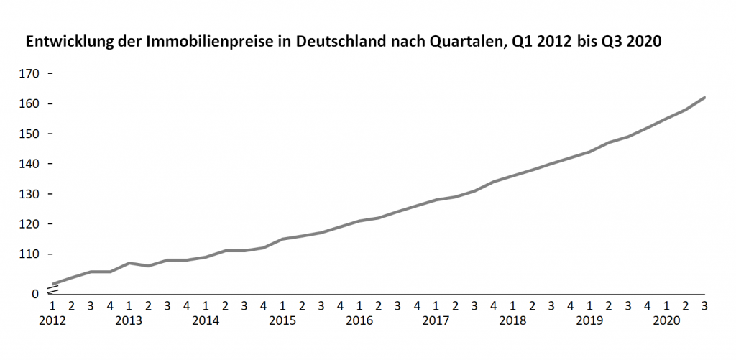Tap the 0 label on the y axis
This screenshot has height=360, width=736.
[42, 293]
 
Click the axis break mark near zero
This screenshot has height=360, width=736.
[52, 289]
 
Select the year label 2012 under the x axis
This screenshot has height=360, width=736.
[52, 320]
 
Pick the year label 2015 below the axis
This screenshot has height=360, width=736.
[282, 320]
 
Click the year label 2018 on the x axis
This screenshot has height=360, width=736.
[512, 320]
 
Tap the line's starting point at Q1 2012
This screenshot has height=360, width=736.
[52, 284]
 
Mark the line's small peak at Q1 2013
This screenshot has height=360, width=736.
[129, 263]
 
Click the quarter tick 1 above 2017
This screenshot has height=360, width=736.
[436, 305]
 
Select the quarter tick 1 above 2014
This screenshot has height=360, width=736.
[206, 305]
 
